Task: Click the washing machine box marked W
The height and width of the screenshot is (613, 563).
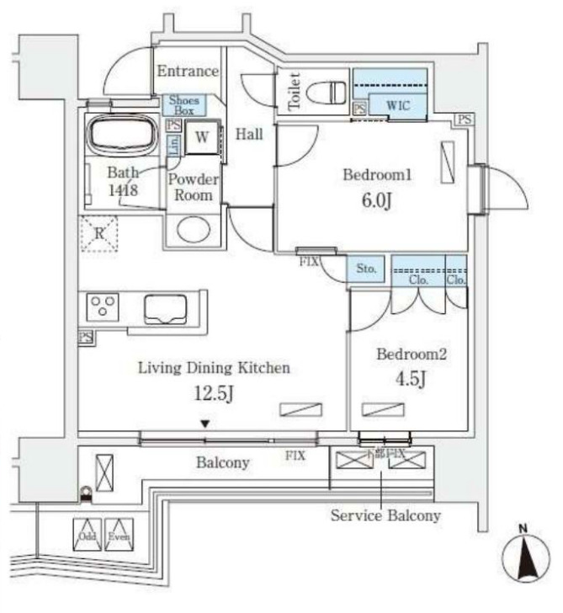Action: tap(203, 136)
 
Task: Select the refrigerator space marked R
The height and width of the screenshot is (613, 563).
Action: tap(98, 233)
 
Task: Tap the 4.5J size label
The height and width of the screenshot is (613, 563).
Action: tap(412, 380)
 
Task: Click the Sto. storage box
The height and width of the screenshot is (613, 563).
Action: tap(367, 269)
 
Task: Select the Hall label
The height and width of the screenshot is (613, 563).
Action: tap(249, 134)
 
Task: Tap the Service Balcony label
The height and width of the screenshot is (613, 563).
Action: tap(385, 515)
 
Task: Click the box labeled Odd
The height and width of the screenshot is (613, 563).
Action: tap(88, 535)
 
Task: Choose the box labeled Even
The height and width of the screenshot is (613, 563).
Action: tap(119, 535)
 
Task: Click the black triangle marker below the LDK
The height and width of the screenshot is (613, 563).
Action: tap(203, 424)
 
